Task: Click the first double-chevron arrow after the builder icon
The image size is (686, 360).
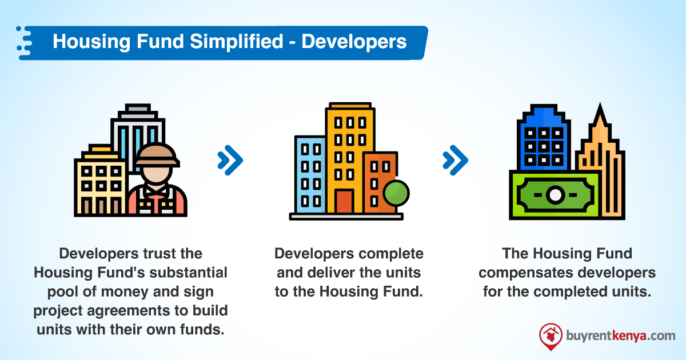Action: [230, 160]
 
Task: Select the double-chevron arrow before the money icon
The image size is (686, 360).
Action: [456, 160]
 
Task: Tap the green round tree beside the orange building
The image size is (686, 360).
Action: [397, 193]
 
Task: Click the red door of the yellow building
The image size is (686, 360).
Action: [344, 201]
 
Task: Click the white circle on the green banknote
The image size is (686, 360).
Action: [554, 195]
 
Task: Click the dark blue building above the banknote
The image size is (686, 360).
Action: [543, 140]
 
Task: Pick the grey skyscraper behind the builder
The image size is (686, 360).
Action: [137, 131]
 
